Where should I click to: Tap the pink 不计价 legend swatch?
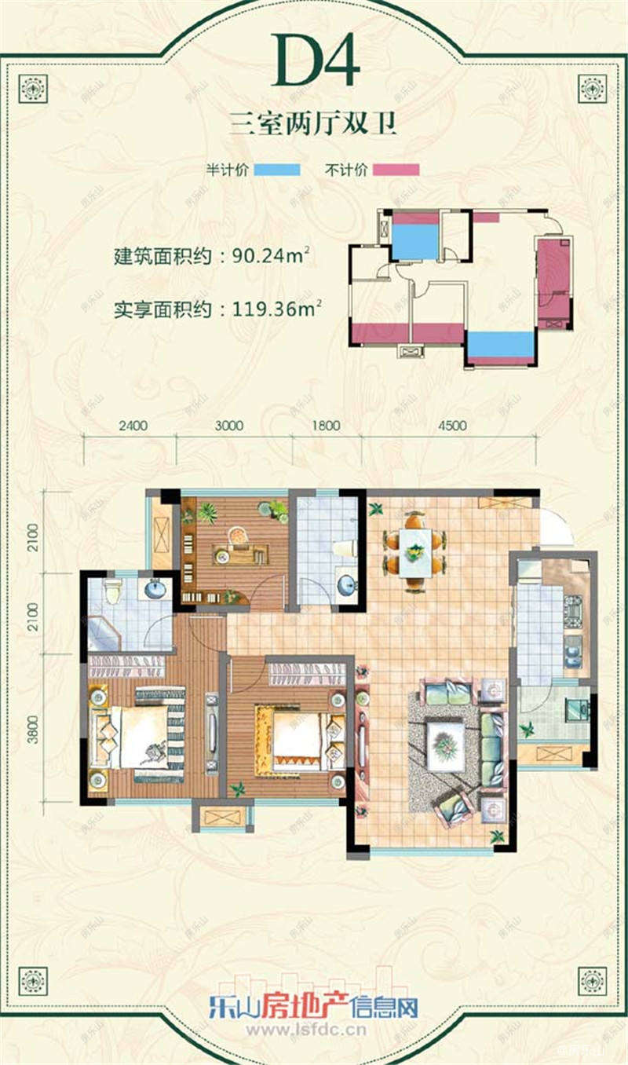396,170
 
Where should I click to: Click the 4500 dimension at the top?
452,426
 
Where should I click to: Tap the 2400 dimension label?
133,426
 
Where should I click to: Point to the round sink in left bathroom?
153,587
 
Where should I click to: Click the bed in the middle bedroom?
297,738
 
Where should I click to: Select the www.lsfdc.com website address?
314,1029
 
